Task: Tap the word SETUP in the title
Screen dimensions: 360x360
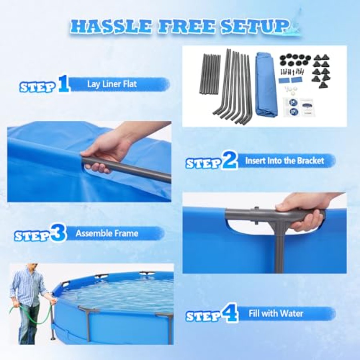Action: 254,26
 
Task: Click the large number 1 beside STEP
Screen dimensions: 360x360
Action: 64,84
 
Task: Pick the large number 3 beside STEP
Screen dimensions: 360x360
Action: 58,233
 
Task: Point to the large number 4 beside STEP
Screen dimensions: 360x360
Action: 229,313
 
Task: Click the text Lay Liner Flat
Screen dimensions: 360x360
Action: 112,84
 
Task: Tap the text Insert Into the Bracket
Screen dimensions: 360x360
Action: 284,160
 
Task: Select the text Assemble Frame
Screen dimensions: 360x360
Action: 107,234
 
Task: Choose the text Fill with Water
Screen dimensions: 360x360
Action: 276,313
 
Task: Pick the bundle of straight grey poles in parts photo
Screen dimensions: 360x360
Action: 210,74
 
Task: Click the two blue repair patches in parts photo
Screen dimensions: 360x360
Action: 290,80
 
